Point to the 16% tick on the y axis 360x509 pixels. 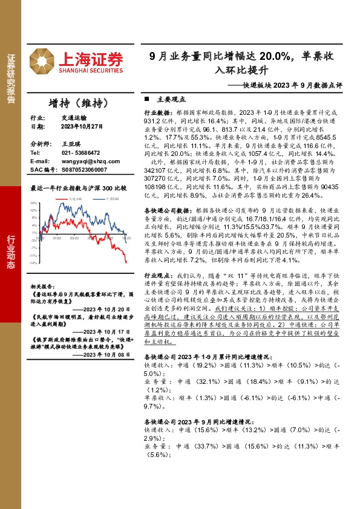pyautogui.click(x=34, y=204)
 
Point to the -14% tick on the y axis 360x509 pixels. pyautogui.click(x=34, y=263)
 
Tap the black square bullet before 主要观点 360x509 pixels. pyautogui.click(x=146, y=99)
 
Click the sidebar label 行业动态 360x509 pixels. pyautogui.click(x=10, y=251)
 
